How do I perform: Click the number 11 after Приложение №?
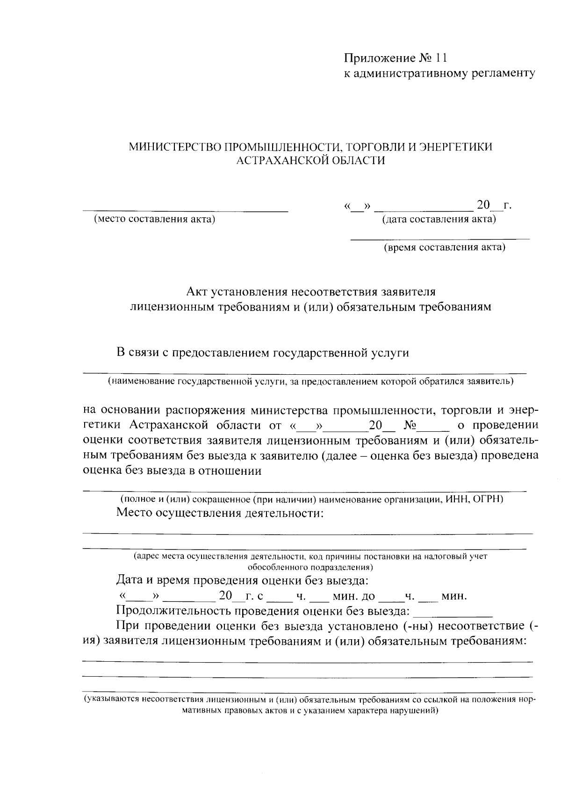(x=441, y=58)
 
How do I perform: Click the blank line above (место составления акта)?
(x=186, y=211)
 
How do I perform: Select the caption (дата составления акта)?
(x=439, y=219)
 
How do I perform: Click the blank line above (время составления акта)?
(x=440, y=239)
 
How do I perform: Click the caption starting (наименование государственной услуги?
(x=310, y=382)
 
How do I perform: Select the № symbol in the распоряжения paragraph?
(x=410, y=426)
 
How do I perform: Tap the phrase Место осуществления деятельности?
(x=220, y=513)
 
